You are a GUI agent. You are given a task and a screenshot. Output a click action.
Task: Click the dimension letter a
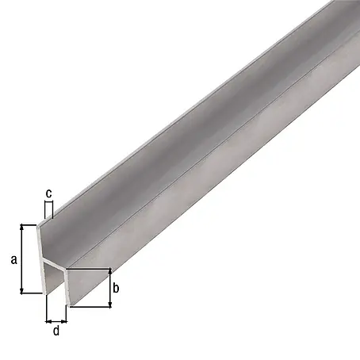tap(14, 259)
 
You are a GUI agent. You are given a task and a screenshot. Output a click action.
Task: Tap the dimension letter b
tap(116, 288)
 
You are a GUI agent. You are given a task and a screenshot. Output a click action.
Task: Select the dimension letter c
tap(49, 193)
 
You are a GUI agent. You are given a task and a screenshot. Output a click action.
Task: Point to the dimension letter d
tap(56, 331)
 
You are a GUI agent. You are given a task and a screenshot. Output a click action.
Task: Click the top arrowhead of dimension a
tap(22, 228)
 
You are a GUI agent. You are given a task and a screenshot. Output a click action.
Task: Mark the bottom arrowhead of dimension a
tap(22, 291)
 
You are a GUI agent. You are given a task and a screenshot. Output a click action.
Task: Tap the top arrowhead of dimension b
tap(110, 271)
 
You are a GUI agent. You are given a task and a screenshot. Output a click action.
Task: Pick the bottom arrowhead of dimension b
tap(110, 304)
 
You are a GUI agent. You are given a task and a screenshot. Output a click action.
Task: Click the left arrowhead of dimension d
tap(48, 321)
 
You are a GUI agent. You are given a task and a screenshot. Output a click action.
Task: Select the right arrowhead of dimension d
tap(63, 321)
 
